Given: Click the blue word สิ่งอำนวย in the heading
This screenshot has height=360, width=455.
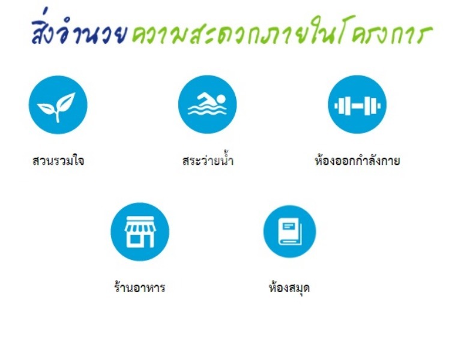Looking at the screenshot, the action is point(79,31).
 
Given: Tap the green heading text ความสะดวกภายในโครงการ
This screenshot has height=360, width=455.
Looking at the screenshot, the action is point(282,32).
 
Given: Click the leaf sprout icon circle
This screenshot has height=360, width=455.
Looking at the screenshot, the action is point(58,105).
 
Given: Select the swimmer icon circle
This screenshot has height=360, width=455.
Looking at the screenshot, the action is point(208,104).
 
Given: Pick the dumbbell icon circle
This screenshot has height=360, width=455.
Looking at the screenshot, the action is point(357,104).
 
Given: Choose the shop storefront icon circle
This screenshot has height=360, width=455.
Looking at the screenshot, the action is point(140,232).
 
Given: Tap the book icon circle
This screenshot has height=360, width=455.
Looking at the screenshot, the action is point(289,232).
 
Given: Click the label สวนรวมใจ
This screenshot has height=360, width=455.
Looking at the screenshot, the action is point(58,160).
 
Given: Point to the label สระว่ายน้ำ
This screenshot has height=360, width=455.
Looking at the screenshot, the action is point(208,160).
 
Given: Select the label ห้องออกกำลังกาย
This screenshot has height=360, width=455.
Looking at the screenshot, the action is point(357,160).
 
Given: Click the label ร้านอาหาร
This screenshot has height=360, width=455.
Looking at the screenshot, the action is point(140,287).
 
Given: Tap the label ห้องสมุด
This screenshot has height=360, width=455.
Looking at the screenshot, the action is point(289,288).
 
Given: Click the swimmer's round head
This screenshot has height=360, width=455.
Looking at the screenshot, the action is point(221,99).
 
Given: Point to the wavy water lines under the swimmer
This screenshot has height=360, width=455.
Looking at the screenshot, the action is point(207,110).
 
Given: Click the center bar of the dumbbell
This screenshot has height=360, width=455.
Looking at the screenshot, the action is point(358,106).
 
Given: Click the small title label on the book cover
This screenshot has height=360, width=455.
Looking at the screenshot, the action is point(289,225).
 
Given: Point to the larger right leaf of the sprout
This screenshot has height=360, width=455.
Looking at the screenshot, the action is point(66,101).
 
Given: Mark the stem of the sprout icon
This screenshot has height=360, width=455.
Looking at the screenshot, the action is point(58,116).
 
